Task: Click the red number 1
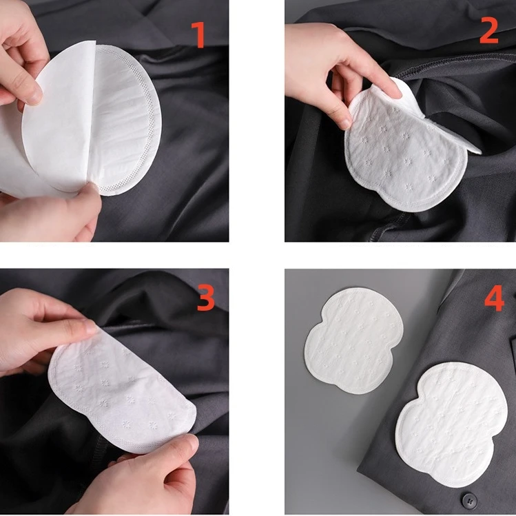coord(200,35)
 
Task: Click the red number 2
coord(488,31)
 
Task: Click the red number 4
coord(494,298)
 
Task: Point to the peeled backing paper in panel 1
coord(48,138)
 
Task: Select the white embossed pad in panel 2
coord(406,158)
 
